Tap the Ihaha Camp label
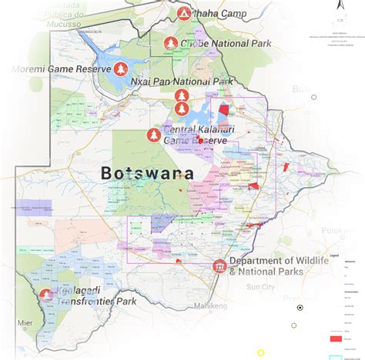(x=219, y=14)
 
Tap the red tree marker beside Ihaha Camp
(x=183, y=13)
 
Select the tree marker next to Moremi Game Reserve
(x=122, y=70)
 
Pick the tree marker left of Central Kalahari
(x=154, y=136)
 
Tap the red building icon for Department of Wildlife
(x=219, y=267)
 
